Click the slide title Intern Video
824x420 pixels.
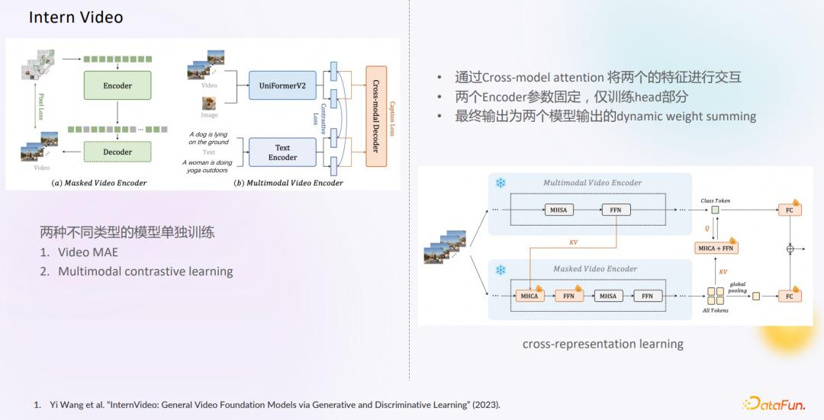click(x=76, y=18)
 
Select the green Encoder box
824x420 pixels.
click(x=117, y=86)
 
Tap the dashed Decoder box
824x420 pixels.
click(x=117, y=152)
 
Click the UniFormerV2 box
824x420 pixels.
click(x=282, y=85)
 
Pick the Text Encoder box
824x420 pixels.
click(x=282, y=152)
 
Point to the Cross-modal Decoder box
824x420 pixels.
click(x=375, y=115)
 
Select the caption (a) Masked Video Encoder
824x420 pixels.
click(x=99, y=183)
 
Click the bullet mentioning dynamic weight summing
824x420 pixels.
click(x=605, y=117)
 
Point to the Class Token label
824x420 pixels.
click(x=716, y=200)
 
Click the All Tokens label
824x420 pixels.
click(x=715, y=310)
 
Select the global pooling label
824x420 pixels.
click(x=738, y=287)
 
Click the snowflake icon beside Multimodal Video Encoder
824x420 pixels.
click(x=501, y=183)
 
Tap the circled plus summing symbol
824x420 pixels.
click(x=790, y=248)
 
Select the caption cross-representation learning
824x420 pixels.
click(x=603, y=344)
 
